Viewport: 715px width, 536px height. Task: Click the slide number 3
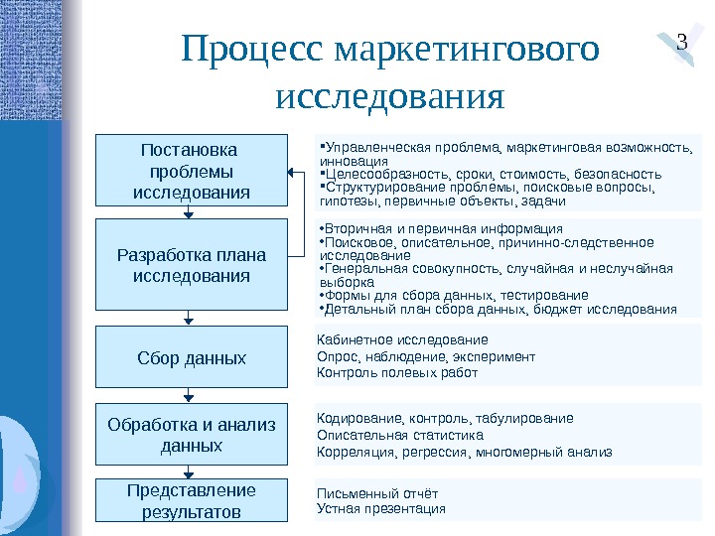(681, 43)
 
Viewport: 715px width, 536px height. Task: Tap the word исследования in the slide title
(389, 98)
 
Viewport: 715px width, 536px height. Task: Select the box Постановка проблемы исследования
(191, 171)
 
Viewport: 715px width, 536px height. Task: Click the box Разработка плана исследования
(191, 265)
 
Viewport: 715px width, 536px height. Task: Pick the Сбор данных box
(191, 357)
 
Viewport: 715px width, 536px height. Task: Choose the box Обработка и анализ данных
(191, 435)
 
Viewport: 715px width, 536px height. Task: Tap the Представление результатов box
(191, 501)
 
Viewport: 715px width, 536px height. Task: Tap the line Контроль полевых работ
(396, 373)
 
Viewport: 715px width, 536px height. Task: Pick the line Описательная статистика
(399, 435)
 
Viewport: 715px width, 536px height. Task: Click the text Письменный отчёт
(376, 493)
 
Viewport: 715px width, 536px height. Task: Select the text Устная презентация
(380, 509)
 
